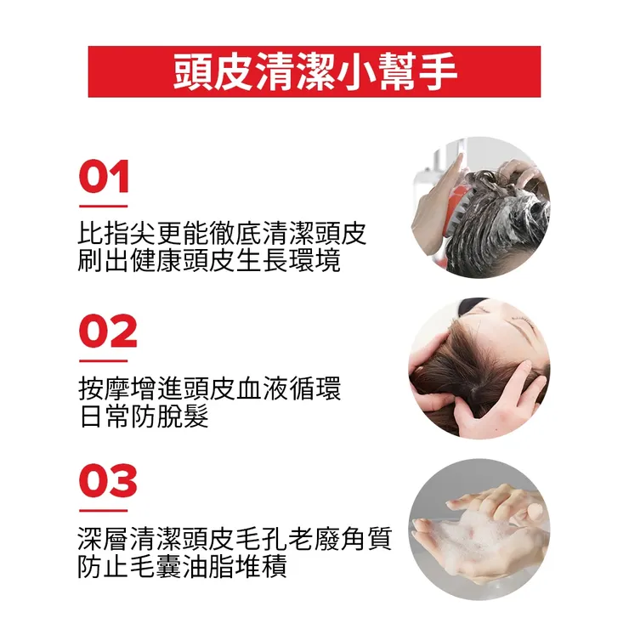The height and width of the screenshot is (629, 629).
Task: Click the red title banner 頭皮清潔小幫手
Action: point(314,71)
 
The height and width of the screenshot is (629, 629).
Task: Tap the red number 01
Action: point(104,178)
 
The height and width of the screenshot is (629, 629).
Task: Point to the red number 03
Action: point(107,482)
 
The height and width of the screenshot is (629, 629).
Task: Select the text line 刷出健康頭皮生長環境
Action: point(208,261)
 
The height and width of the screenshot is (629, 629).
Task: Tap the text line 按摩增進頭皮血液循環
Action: point(208,389)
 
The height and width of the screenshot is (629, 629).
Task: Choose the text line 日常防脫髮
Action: point(143,416)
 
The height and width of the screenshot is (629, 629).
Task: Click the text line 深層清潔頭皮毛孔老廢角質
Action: point(235,539)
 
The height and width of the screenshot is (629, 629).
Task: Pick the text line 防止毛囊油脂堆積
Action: point(182,566)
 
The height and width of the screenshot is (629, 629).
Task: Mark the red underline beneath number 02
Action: point(103,360)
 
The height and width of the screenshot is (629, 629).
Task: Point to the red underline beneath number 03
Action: point(103,511)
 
